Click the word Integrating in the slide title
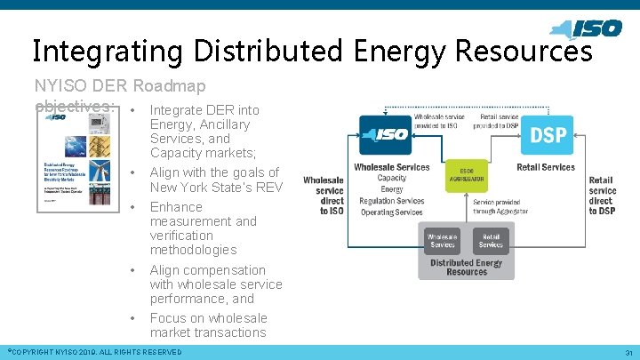click(x=99, y=51)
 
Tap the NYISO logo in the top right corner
click(x=587, y=28)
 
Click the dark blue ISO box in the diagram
click(x=383, y=135)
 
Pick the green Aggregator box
click(x=467, y=175)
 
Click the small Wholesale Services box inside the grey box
click(x=443, y=240)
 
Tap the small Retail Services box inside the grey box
click(x=490, y=240)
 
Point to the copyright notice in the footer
click(x=93, y=353)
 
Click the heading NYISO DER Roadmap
click(x=120, y=86)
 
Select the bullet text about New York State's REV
click(x=215, y=180)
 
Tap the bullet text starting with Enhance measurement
click(x=204, y=228)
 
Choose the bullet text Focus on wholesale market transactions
click(x=208, y=325)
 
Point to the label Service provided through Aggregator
click(x=510, y=207)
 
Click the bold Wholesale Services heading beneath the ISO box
click(x=391, y=167)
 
